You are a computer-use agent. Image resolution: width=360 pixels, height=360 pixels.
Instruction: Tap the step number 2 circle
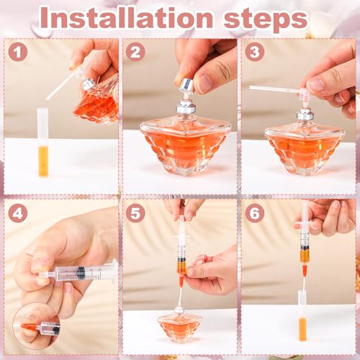click(x=135, y=52)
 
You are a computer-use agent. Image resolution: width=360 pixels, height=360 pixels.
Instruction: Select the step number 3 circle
click(x=254, y=52)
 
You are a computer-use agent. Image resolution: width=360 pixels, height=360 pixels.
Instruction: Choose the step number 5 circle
click(x=135, y=213)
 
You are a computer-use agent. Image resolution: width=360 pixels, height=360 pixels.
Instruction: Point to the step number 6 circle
click(x=254, y=213)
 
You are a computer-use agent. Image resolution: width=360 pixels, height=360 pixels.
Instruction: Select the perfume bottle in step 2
click(x=184, y=140)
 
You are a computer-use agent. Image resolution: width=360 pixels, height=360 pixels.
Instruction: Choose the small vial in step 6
click(x=302, y=317)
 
